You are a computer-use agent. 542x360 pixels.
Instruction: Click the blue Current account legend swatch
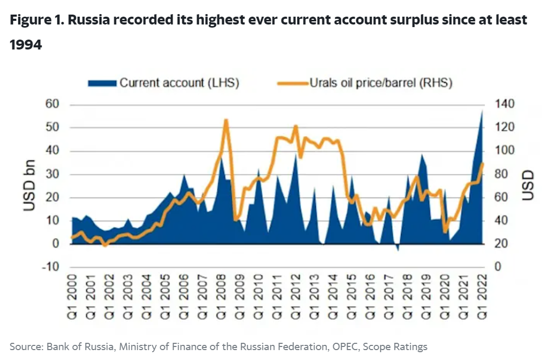coord(102,83)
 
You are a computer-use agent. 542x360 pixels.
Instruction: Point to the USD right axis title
coord(527,185)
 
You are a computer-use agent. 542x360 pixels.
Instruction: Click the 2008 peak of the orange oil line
coord(226,120)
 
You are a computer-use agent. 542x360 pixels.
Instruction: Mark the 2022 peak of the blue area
coord(482,110)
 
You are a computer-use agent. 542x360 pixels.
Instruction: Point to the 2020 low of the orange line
coord(445,232)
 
